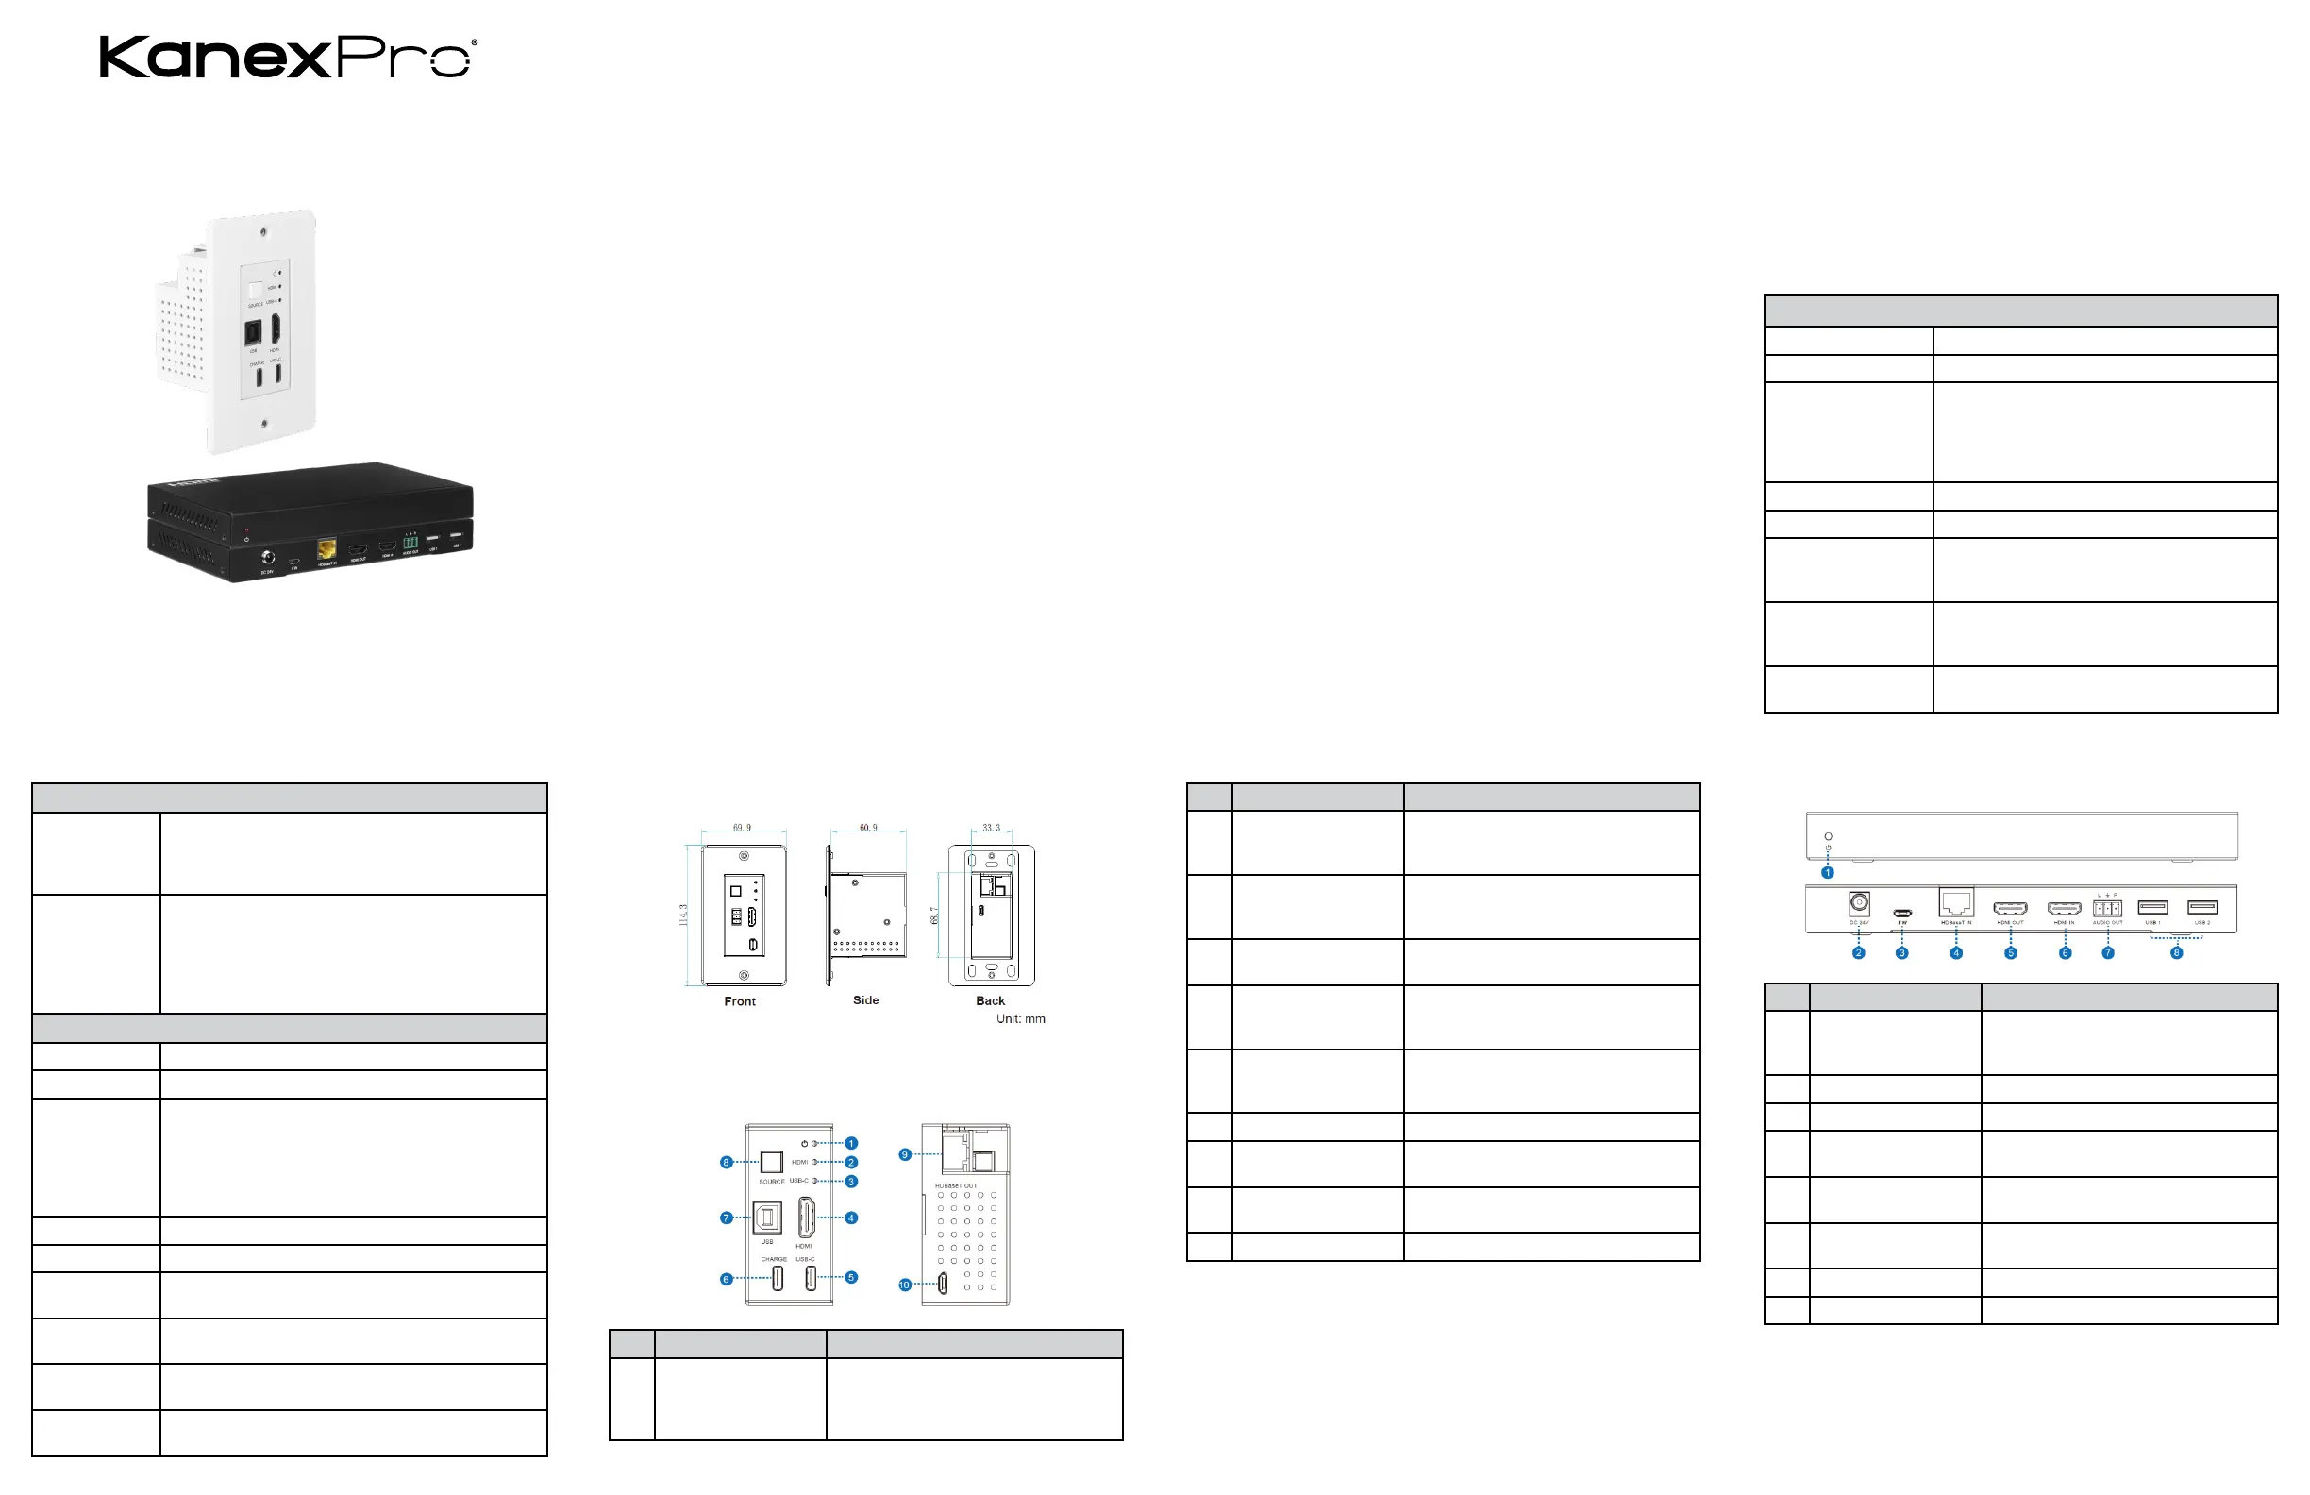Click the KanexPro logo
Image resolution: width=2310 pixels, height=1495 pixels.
(288, 58)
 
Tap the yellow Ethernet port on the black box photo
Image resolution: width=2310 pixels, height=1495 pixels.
(326, 549)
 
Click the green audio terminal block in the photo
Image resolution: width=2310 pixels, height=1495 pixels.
(410, 543)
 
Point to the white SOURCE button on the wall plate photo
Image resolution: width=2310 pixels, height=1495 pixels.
(256, 291)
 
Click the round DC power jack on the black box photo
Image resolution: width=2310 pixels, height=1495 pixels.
(268, 557)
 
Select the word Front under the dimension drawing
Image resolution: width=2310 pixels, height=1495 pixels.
(740, 1001)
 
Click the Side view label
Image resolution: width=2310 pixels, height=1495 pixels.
(865, 1000)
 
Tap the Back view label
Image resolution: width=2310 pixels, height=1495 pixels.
(990, 1000)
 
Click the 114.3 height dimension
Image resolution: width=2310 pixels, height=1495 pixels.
(683, 915)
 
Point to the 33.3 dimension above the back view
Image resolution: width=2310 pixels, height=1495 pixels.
(991, 828)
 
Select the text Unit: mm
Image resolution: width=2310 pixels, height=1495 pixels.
(1020, 1019)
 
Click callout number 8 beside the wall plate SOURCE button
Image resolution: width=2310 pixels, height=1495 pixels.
(726, 1162)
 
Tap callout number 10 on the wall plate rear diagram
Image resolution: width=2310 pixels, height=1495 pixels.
(905, 1285)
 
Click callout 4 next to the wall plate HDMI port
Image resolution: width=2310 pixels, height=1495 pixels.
(851, 1218)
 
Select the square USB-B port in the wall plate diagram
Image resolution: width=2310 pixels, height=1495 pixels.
(767, 1218)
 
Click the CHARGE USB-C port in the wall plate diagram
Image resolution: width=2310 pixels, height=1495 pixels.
(778, 1279)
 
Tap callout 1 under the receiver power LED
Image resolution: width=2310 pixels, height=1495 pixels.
(1828, 873)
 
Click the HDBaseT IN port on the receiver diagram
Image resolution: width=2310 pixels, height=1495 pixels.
(1956, 903)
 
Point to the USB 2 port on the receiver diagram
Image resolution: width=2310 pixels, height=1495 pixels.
(2202, 908)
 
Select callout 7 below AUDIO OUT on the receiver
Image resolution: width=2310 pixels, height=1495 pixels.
(2107, 953)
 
